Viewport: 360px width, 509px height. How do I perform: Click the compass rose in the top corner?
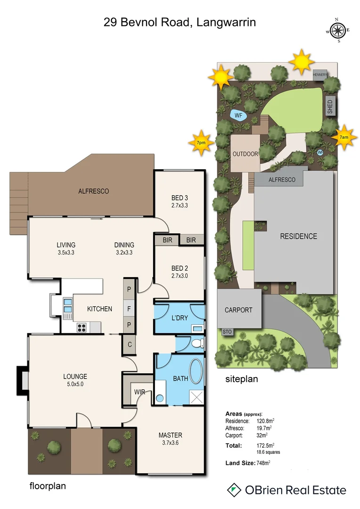337,31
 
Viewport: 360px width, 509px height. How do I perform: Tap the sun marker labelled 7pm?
201,142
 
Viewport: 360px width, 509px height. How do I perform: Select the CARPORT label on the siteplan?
238,310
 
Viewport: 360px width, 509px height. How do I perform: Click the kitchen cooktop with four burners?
81,327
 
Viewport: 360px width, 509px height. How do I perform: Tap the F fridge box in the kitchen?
129,309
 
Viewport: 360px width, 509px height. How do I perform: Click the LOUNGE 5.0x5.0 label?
75,380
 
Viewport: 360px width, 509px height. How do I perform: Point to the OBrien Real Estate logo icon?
233,490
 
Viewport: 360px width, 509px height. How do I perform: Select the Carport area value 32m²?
262,435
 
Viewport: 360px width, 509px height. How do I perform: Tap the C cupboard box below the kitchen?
129,345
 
